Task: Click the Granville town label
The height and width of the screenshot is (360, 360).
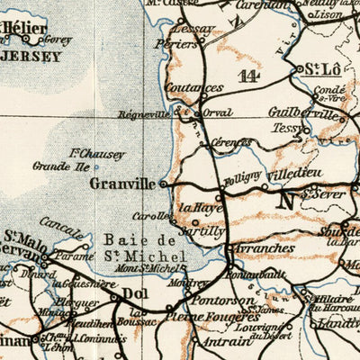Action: click(123, 183)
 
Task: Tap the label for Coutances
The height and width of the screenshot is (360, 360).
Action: click(195, 88)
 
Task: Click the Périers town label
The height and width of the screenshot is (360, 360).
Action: click(176, 42)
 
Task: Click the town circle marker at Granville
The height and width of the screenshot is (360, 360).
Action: click(163, 184)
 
